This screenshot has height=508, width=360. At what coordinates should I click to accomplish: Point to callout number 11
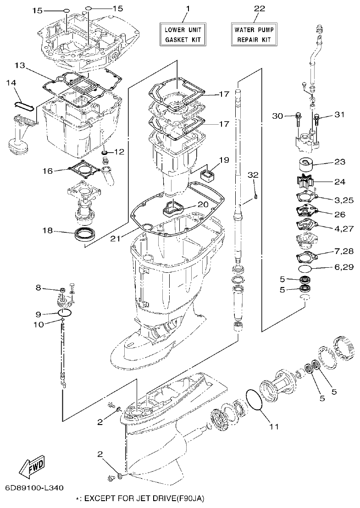274,426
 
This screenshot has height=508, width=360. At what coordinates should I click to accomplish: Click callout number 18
46,231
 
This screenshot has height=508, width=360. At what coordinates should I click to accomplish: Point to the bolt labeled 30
298,118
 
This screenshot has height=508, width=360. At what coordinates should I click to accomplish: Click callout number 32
254,175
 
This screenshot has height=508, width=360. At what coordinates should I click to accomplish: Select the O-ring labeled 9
66,313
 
